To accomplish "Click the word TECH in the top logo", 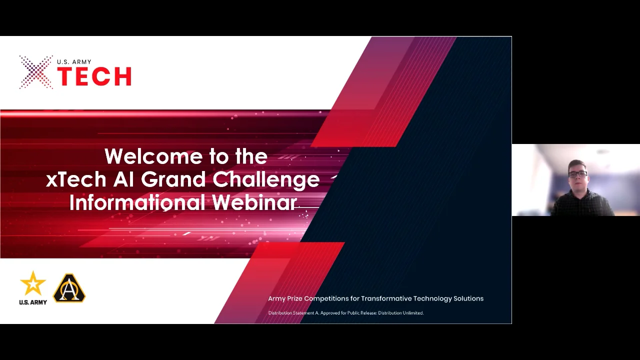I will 94,76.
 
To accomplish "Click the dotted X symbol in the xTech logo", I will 36,72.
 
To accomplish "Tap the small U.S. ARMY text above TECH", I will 74,62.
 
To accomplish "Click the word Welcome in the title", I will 153,156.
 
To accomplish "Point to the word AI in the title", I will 123,179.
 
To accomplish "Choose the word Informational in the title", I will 137,202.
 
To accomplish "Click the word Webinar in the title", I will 254,202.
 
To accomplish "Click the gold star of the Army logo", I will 33,284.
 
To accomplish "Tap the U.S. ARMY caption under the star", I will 33,302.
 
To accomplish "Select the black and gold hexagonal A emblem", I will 69,288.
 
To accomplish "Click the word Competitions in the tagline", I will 326,298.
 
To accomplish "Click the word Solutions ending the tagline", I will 468,298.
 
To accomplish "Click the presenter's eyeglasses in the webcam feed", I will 578,174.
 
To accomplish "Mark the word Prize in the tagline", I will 294,298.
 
